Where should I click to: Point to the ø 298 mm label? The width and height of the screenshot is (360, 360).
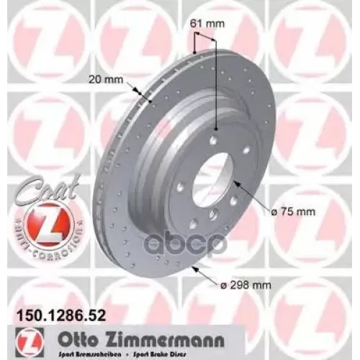coord(247,284)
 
